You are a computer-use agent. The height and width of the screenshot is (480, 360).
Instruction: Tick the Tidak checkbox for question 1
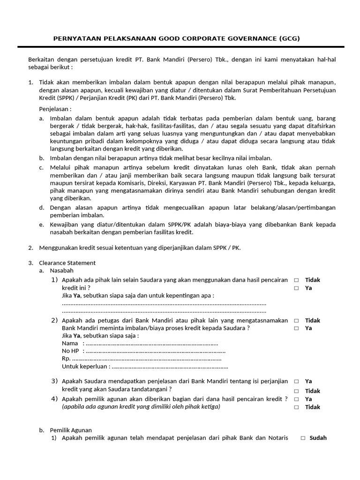click(296, 280)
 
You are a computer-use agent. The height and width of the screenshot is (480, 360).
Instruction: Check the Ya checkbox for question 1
click(296, 288)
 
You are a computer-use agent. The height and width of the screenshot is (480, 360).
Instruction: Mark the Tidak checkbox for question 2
click(296, 321)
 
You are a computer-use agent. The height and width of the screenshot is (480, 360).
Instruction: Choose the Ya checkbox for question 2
click(296, 329)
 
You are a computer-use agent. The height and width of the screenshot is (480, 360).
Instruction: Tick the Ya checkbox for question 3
click(296, 382)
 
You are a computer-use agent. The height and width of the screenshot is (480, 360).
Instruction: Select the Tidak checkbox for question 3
click(296, 391)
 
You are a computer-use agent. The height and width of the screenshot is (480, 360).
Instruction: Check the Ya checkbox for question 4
click(296, 399)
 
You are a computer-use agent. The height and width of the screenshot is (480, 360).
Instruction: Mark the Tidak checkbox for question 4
click(296, 407)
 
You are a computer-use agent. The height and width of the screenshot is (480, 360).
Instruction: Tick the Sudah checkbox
click(303, 438)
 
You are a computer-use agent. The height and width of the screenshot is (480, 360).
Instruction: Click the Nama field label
click(70, 344)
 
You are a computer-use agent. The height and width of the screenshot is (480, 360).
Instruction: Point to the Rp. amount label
click(66, 359)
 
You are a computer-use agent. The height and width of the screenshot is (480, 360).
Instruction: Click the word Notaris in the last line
click(277, 438)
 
